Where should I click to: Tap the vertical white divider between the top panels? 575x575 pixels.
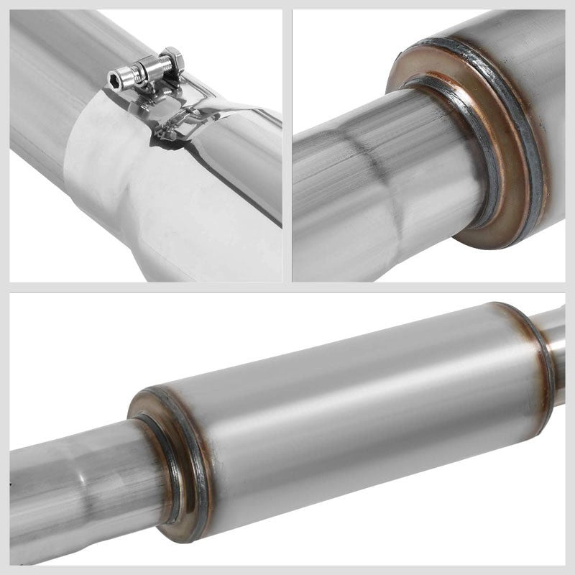click(287, 144)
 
